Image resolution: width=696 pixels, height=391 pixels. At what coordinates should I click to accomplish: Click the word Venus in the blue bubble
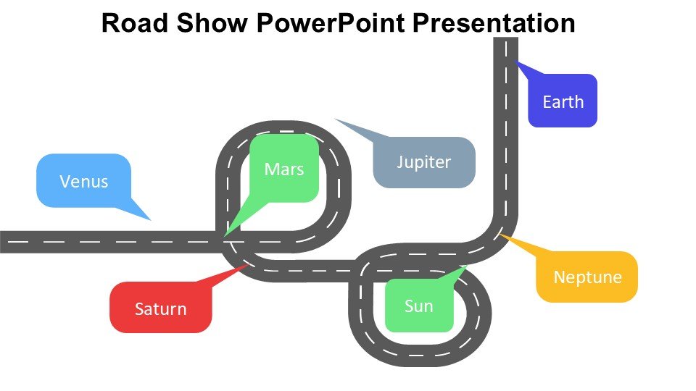tap(84, 181)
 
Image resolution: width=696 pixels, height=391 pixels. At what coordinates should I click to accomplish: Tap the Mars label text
tap(283, 169)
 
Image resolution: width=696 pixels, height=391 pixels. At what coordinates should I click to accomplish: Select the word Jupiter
tap(424, 162)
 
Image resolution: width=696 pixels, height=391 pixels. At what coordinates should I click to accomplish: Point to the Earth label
tap(563, 101)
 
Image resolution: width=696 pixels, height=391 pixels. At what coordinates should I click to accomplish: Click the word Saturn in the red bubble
tap(160, 309)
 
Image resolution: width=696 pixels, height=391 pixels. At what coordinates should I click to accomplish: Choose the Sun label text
tap(419, 306)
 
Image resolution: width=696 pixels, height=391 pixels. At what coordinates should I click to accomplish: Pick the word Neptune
tap(587, 277)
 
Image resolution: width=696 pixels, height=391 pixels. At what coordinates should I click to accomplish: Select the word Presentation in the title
tap(496, 22)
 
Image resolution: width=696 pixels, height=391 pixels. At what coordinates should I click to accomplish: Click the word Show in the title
tap(210, 22)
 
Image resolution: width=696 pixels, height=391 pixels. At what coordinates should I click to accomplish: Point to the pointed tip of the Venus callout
tap(151, 220)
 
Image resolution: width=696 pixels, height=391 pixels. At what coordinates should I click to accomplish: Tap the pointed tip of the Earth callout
tap(514, 62)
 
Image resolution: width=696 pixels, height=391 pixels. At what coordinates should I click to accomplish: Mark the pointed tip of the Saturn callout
tap(249, 264)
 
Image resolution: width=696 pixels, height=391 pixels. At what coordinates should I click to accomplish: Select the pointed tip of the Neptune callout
tap(500, 235)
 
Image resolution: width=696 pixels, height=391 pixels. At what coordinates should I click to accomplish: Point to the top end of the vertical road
tap(505, 39)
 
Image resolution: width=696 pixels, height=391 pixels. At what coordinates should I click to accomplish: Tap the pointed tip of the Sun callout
tap(466, 266)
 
